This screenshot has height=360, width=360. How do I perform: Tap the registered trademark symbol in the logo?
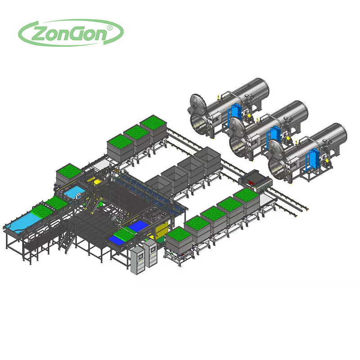click(110, 28)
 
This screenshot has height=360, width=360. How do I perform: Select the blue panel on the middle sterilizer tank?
click(273, 137)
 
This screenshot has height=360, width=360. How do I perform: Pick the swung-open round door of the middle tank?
click(237, 126)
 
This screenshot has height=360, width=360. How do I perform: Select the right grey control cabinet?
click(150, 253)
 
